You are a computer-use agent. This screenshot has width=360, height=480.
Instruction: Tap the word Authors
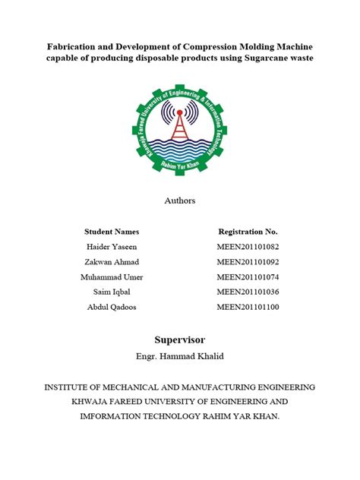click(x=180, y=201)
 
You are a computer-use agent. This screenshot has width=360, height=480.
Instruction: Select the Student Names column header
click(x=112, y=231)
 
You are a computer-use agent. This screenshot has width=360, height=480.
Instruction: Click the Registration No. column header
click(x=248, y=231)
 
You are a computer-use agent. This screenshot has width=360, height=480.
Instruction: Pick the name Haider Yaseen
click(x=112, y=247)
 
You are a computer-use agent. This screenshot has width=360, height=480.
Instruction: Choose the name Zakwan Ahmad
click(x=112, y=262)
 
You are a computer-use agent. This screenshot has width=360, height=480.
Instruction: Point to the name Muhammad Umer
click(x=112, y=277)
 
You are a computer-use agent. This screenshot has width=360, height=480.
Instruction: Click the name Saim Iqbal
click(x=112, y=292)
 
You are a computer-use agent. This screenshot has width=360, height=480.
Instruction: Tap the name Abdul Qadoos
click(x=112, y=308)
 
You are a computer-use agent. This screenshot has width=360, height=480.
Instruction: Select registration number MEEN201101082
click(x=248, y=247)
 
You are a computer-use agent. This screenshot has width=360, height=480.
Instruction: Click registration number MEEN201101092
click(x=248, y=262)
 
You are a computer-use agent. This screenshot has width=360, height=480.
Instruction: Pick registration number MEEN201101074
click(x=248, y=277)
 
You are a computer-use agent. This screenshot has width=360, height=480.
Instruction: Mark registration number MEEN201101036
click(x=248, y=292)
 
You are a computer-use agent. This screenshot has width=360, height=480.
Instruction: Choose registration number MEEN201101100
click(x=248, y=308)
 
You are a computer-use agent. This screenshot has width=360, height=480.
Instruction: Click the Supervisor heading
click(x=180, y=339)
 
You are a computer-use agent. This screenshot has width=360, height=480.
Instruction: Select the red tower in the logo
click(x=180, y=122)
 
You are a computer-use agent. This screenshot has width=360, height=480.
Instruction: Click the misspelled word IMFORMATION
click(x=106, y=415)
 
